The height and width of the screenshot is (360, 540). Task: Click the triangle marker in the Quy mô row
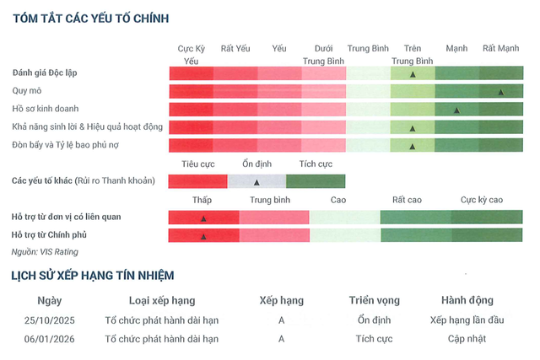pyautogui.click(x=500, y=92)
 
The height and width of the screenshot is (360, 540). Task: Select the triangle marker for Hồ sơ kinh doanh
pyautogui.click(x=456, y=110)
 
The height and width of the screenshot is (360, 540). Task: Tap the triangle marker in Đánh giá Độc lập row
pyautogui.click(x=413, y=74)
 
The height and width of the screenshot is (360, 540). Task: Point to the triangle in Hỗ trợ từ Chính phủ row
pyautogui.click(x=203, y=237)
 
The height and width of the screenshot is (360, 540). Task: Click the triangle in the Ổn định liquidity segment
pyautogui.click(x=256, y=182)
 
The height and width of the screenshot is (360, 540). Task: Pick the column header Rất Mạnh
pyautogui.click(x=500, y=48)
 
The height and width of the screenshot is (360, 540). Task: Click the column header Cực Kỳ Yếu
pyautogui.click(x=192, y=55)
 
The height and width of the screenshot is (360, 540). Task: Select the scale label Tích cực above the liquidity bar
pyautogui.click(x=316, y=164)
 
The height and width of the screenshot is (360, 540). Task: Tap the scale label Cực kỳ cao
pyautogui.click(x=482, y=200)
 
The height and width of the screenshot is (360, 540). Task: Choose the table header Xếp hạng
pyautogui.click(x=281, y=300)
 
